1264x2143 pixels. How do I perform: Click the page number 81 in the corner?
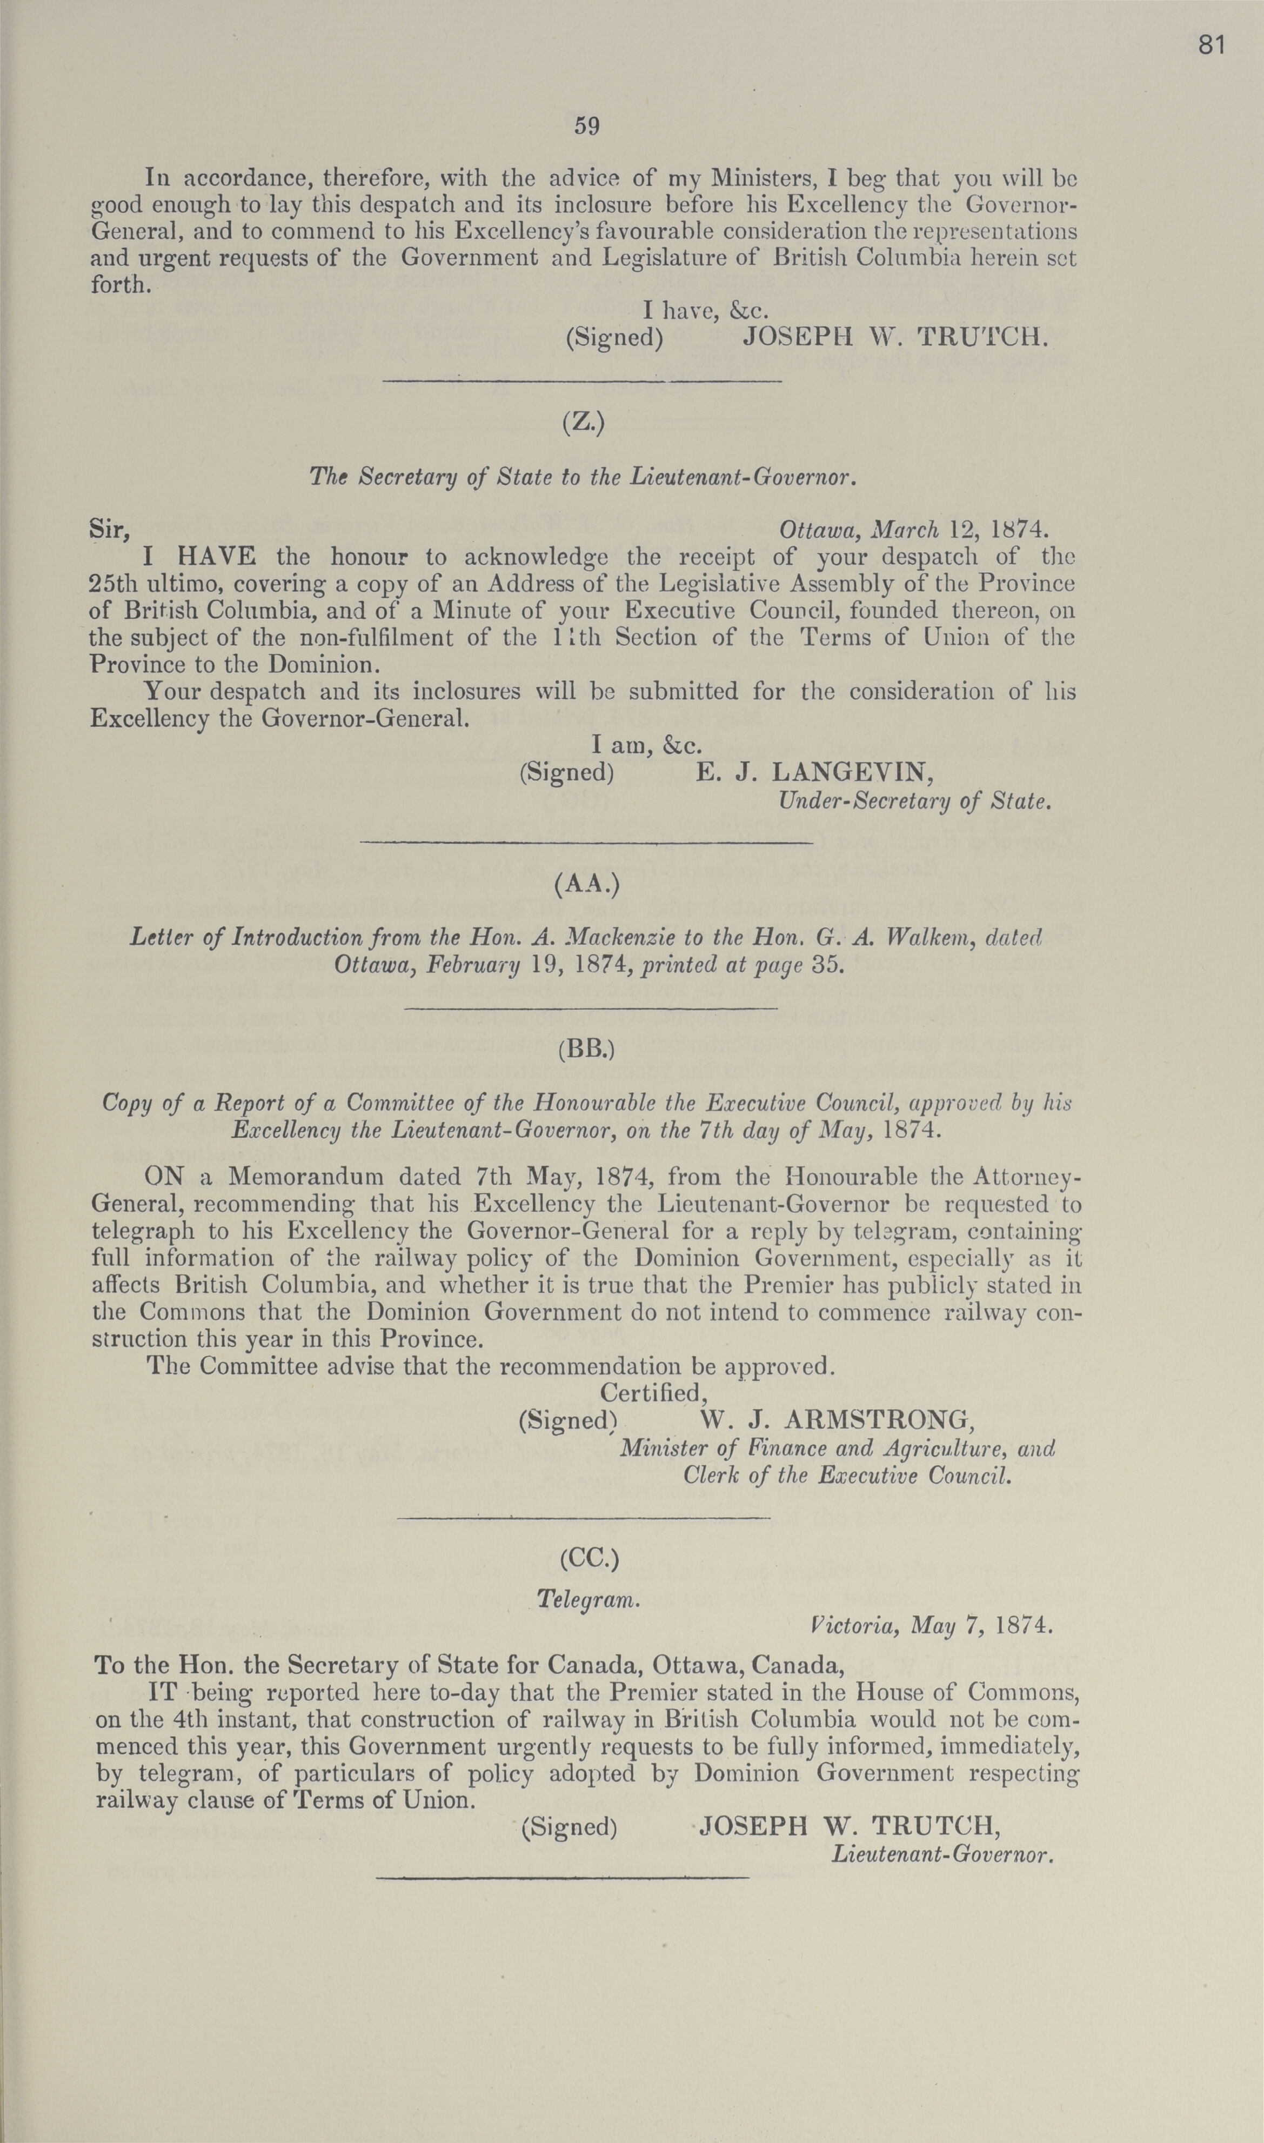(1211, 45)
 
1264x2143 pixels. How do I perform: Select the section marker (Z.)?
(584, 423)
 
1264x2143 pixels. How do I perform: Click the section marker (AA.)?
(586, 886)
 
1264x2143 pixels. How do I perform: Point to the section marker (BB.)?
(586, 1050)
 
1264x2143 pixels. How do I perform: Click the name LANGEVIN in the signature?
(852, 772)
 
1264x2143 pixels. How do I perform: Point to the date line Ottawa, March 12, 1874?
(908, 530)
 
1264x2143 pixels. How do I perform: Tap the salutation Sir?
(110, 530)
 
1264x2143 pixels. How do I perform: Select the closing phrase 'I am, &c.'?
(646, 745)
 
